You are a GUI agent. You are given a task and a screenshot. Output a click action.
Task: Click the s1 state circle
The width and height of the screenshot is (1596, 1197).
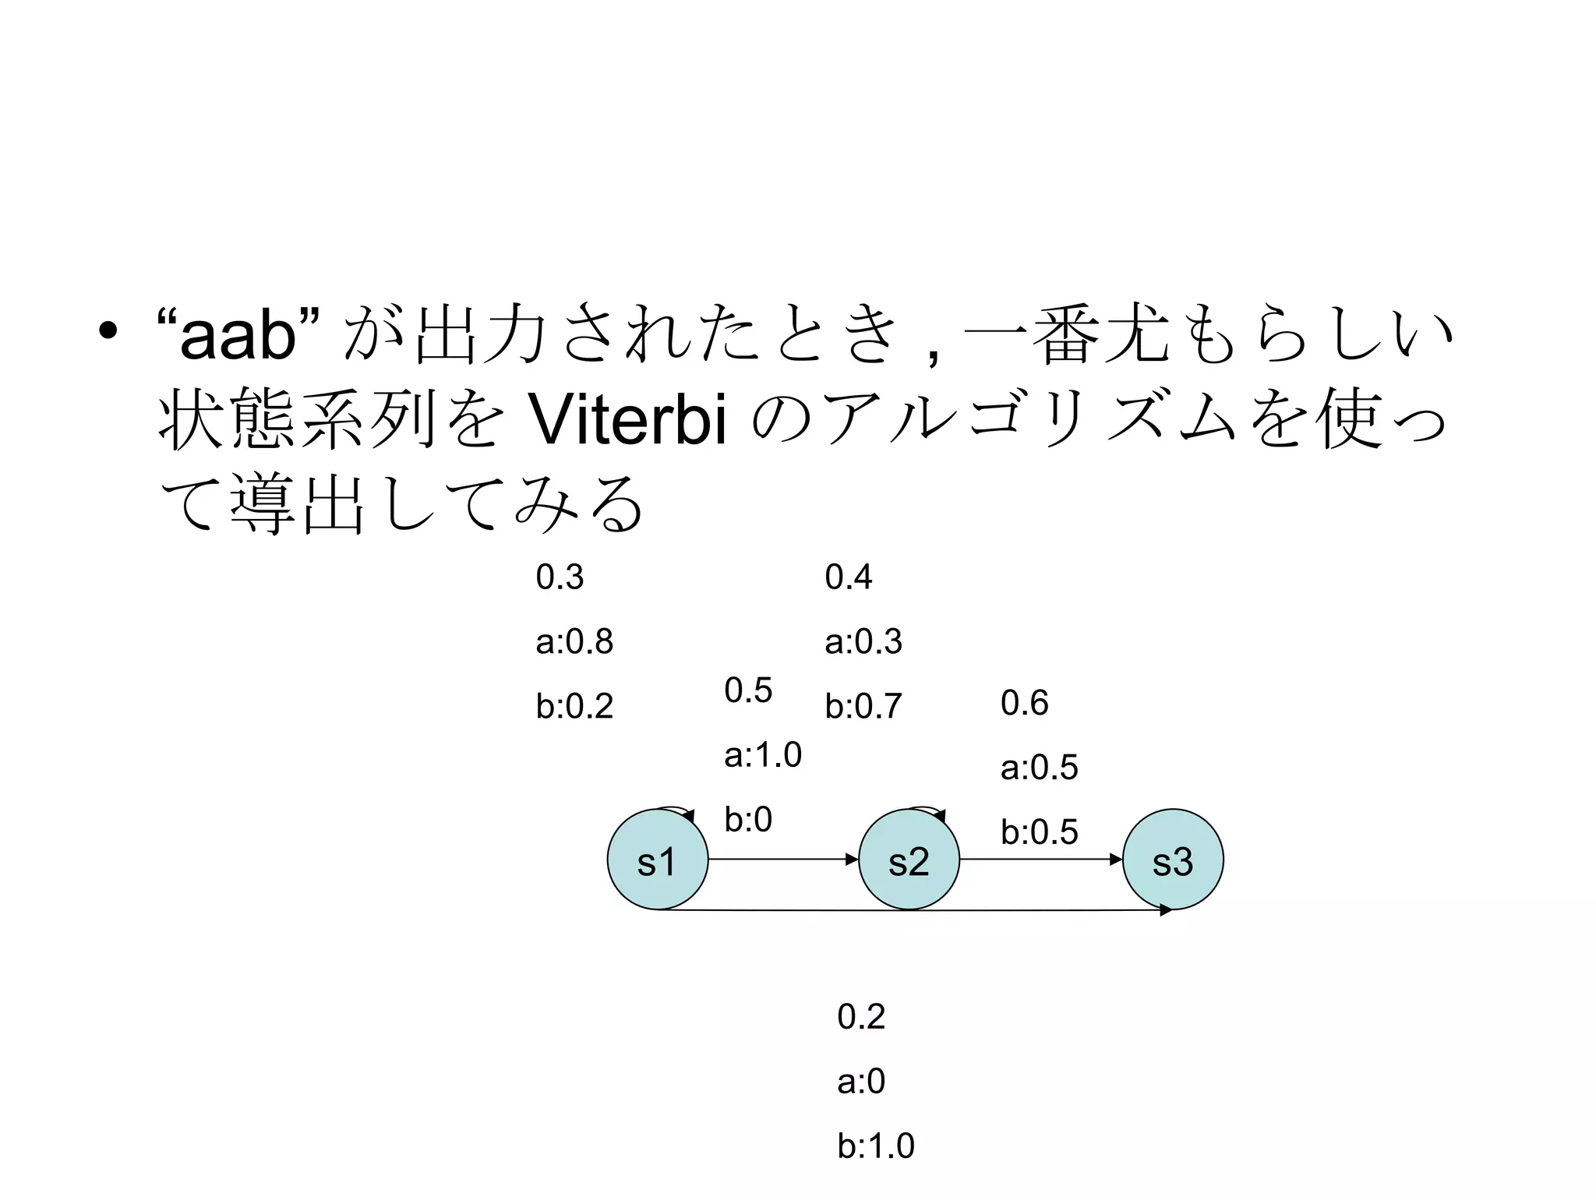coord(657,860)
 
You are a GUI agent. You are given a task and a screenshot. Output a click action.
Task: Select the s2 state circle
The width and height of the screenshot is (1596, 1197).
coord(909,860)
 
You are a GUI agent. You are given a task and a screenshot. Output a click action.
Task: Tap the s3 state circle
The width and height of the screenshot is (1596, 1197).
coord(1173,860)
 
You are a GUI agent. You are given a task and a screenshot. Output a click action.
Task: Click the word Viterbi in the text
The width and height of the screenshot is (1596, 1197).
coord(627,421)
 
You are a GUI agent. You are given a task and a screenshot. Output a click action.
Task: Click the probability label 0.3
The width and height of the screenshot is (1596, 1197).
coord(560,577)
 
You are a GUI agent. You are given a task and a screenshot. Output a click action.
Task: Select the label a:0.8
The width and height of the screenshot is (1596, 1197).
coord(574,642)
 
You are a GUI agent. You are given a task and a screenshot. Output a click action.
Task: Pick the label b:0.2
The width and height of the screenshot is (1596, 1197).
coord(574,707)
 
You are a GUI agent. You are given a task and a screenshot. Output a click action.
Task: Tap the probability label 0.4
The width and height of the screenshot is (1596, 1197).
coord(849,577)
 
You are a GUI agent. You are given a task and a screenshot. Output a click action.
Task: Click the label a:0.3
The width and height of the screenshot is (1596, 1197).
coord(863,642)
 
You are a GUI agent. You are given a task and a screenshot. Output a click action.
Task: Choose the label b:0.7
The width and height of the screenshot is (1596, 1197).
coord(863,707)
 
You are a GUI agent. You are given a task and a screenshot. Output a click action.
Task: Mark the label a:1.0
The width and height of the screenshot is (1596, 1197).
coord(763,755)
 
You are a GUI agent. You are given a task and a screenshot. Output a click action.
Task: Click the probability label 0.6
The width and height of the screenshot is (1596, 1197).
coord(1025,703)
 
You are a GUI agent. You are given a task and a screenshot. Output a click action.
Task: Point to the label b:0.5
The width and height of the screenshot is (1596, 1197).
coord(1040,832)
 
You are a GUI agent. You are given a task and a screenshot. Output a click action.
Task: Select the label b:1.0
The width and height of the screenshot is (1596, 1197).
coord(876,1146)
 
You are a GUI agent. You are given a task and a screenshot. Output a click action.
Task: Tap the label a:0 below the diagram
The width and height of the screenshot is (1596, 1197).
coord(861,1082)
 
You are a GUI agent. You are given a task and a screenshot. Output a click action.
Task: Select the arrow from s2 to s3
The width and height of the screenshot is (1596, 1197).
coord(1041,860)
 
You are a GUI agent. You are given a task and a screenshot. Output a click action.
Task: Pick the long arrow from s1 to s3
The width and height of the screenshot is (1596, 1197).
coord(912,910)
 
